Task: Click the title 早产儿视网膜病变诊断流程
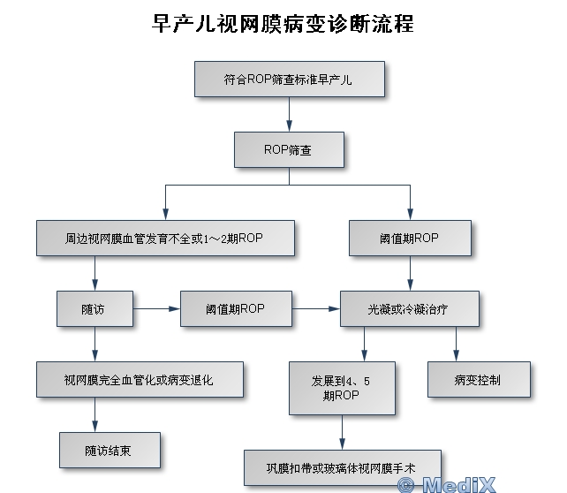(283, 23)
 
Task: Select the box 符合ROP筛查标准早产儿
(289, 80)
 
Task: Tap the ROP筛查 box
(288, 149)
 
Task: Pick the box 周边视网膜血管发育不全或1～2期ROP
(165, 239)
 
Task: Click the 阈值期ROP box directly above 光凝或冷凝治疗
(408, 239)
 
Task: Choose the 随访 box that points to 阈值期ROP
(94, 308)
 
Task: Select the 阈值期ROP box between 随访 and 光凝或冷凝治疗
(235, 308)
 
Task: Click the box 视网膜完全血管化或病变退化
(140, 380)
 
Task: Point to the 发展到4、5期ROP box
(341, 388)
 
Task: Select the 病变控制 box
(480, 380)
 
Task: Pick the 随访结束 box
(110, 450)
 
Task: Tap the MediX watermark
(447, 484)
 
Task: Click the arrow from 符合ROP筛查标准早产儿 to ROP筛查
(289, 114)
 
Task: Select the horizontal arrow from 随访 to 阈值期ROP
(156, 308)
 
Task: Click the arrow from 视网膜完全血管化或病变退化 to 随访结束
(94, 414)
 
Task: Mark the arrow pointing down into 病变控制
(456, 345)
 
